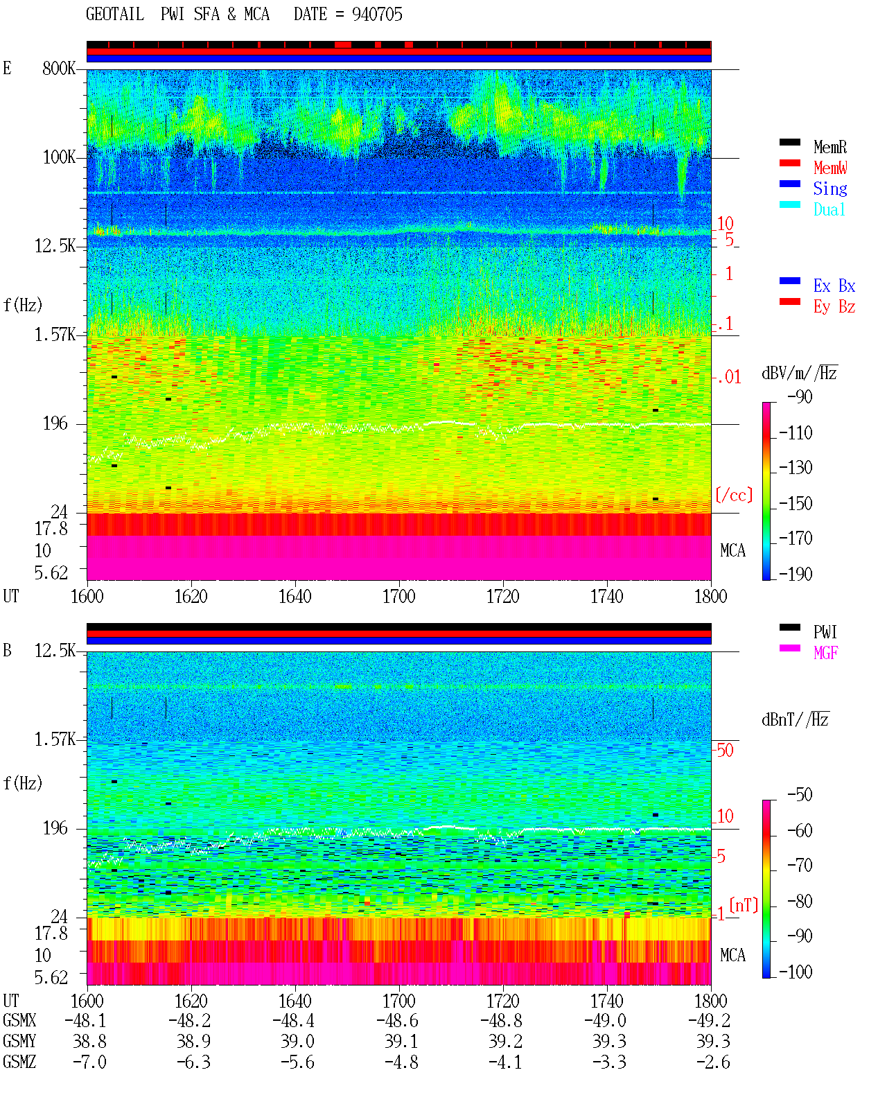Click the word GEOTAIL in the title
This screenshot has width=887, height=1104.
tap(115, 15)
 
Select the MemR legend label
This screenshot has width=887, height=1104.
tap(829, 147)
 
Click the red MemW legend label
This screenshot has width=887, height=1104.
tap(829, 168)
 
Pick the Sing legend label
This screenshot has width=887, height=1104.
tap(829, 189)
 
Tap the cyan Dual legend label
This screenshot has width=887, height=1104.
tap(829, 209)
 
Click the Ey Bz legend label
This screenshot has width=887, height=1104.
tap(834, 307)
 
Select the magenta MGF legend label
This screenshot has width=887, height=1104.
tap(825, 653)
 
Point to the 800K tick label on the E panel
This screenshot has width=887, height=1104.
tap(59, 69)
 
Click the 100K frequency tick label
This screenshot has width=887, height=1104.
tap(59, 157)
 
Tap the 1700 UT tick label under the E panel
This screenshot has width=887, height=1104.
tap(398, 597)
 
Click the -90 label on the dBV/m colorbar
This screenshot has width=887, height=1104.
tap(800, 397)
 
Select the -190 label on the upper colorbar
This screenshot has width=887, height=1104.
tap(796, 575)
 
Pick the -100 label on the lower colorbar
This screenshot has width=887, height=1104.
tap(796, 972)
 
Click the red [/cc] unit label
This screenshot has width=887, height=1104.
tap(734, 495)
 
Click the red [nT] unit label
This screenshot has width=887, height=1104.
tap(744, 905)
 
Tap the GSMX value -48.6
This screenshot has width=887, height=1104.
tap(398, 1021)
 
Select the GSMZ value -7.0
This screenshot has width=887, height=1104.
tap(90, 1062)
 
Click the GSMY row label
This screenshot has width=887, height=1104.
tap(19, 1042)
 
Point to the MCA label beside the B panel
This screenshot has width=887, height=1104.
tap(732, 955)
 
